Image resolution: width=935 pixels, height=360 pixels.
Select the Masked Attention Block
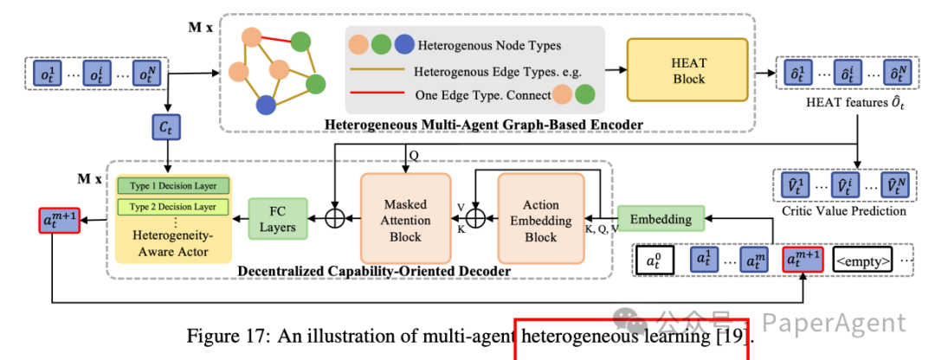[407, 220]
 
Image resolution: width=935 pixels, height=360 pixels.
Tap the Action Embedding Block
[541, 220]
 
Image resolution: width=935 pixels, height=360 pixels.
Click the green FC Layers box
[279, 220]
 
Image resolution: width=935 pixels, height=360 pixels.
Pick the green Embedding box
[660, 219]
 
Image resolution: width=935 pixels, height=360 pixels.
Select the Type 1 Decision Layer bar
[173, 185]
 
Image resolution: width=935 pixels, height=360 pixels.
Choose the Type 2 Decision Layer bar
[173, 207]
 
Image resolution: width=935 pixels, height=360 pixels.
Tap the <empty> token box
[863, 259]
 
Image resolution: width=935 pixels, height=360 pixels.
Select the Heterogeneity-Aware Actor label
[173, 243]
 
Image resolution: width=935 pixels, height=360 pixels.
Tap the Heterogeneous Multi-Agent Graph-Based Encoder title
[483, 125]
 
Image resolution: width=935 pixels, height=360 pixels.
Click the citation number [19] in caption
[735, 337]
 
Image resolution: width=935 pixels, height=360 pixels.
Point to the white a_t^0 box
[655, 259]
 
